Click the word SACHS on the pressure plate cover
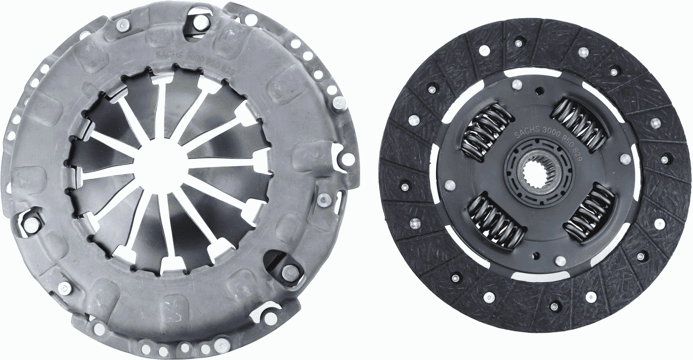pos(168,57)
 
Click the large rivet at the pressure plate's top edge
pos(200,22)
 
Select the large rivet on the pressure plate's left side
pos(32,225)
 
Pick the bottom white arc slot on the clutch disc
pos(534,276)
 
